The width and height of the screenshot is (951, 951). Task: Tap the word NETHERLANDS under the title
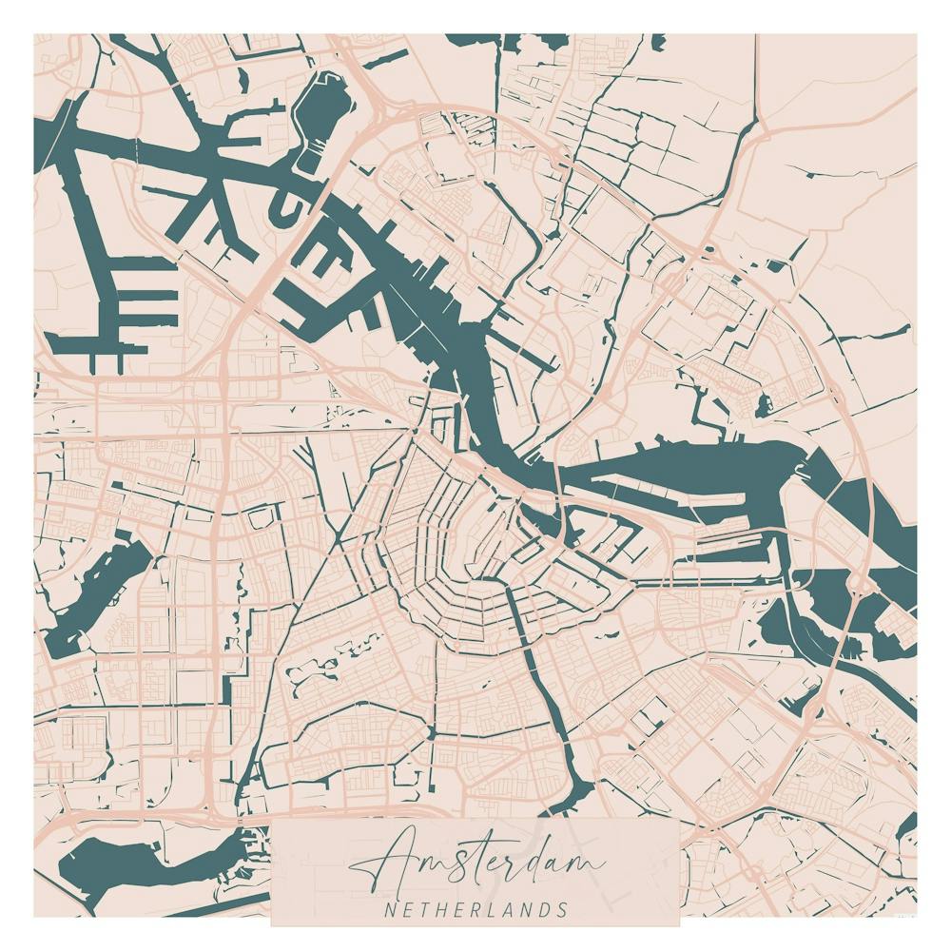click(475, 910)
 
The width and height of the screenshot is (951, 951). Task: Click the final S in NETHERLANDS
click(563, 910)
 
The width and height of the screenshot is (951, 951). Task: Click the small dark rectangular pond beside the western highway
click(257, 518)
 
